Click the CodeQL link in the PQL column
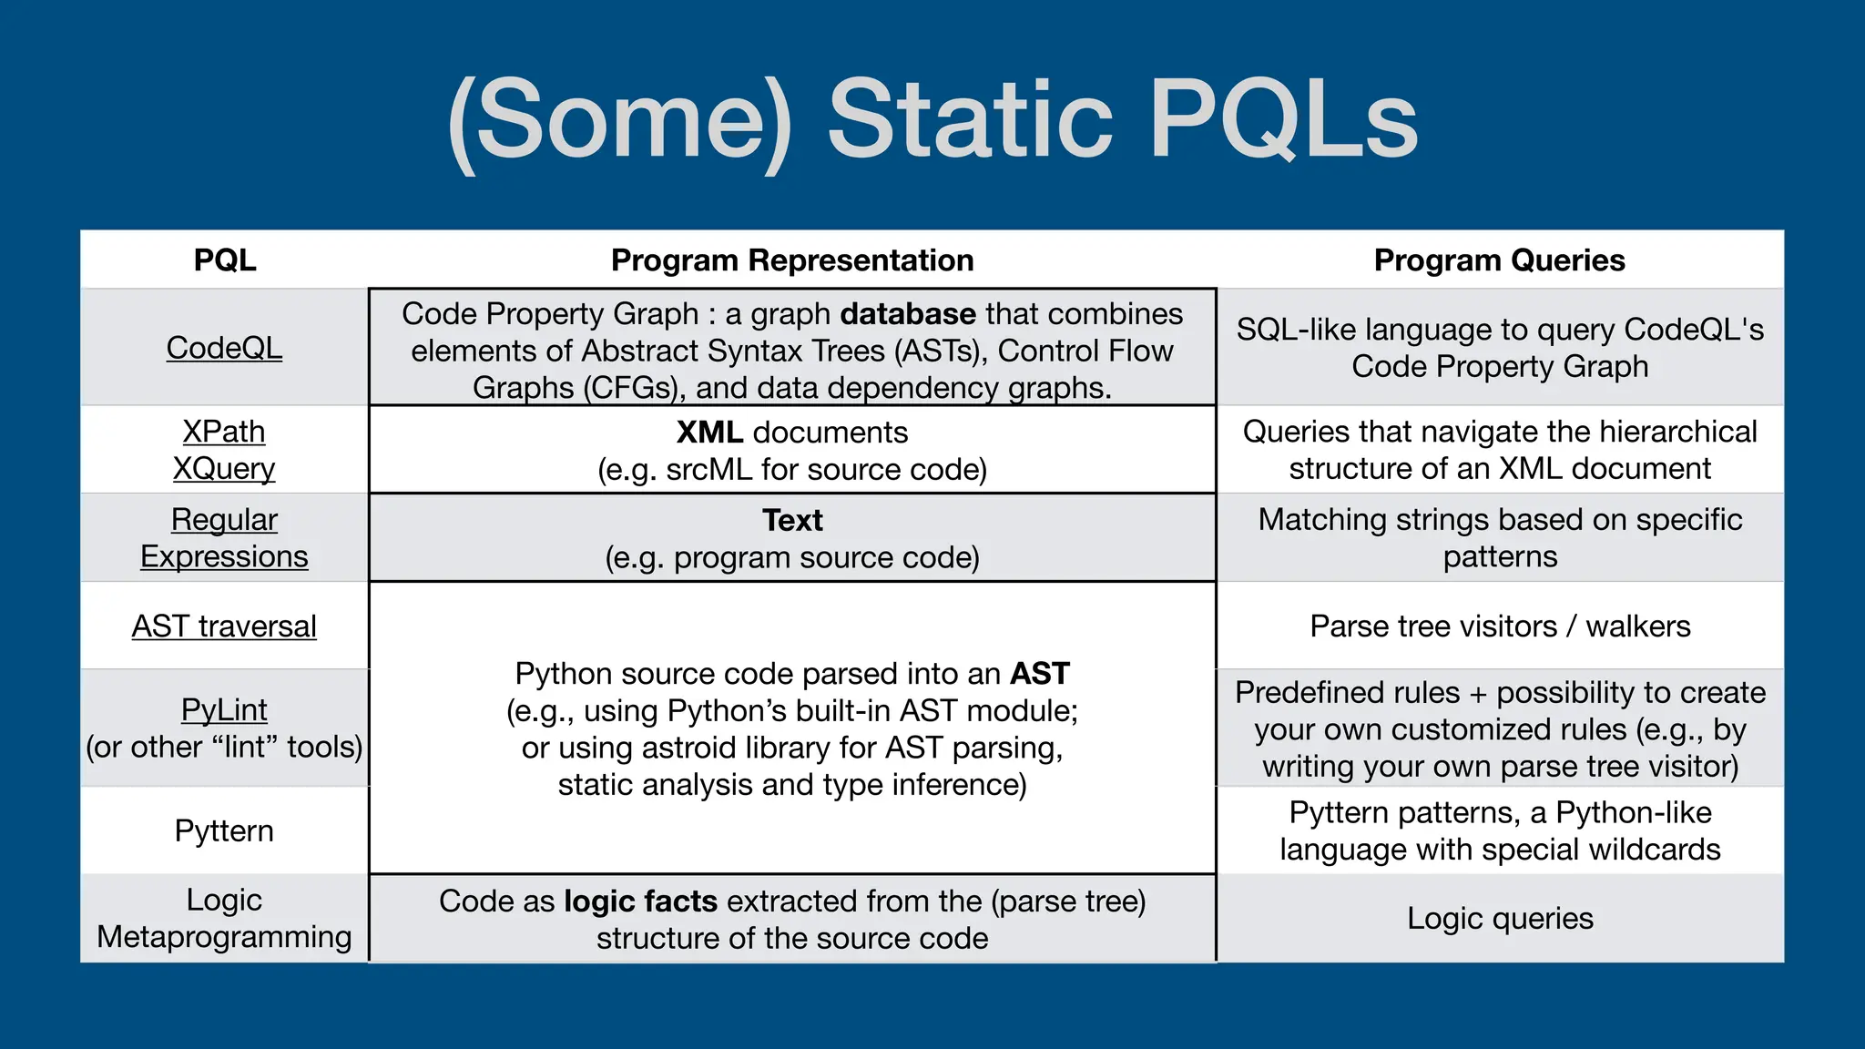224,348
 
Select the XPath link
224,432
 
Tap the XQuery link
224,469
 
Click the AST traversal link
224,626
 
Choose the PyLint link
224,709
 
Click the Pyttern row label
224,831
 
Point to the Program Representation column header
792,260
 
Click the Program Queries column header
1499,260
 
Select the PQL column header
224,260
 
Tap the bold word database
908,314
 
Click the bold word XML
709,433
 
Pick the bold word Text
792,521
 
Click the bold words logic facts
641,901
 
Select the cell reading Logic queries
1500,919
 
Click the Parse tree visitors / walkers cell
1500,626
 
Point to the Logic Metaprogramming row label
224,919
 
